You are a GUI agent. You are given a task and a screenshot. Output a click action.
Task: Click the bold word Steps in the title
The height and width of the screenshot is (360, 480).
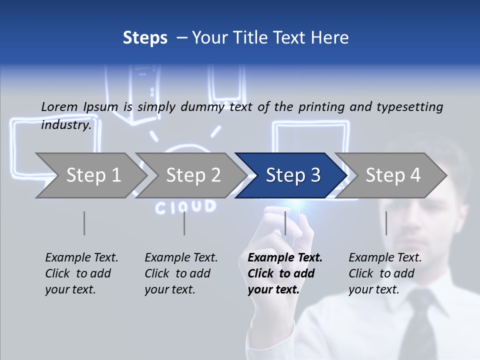coord(145,38)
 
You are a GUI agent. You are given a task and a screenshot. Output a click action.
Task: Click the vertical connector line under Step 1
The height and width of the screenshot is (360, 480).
coord(84,223)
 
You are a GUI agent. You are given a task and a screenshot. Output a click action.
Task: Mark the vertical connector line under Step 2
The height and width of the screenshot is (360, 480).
coord(184,223)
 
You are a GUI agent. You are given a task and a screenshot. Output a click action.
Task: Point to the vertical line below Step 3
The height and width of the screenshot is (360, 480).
coord(285,223)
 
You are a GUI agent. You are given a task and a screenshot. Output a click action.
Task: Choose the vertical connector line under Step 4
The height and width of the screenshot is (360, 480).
coord(386,223)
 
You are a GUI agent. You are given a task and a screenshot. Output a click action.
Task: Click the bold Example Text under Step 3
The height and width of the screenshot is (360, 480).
coord(285,258)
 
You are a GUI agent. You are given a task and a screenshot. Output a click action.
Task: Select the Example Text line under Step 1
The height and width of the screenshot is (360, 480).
coord(81,258)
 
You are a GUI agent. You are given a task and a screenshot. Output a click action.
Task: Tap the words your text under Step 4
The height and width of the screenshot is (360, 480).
coord(373,289)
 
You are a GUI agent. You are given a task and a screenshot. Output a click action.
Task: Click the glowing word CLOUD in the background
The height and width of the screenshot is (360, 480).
coord(185,206)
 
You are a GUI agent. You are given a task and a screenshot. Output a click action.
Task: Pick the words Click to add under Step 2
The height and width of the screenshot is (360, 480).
coord(177,273)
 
